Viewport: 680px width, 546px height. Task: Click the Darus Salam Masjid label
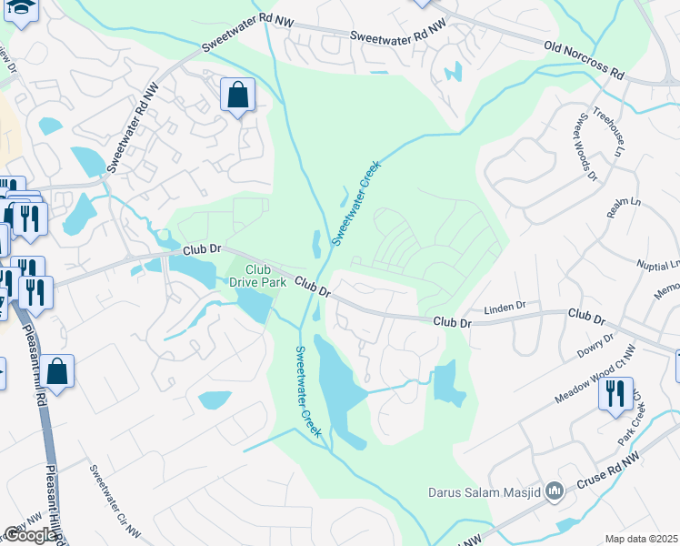(x=485, y=493)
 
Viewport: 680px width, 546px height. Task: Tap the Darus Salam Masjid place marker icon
(x=555, y=492)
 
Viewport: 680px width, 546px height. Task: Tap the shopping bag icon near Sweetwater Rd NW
(x=237, y=95)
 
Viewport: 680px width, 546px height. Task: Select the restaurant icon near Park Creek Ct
(x=615, y=394)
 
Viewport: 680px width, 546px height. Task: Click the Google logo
(x=30, y=535)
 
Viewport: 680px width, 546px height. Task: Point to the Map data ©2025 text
(x=642, y=539)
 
